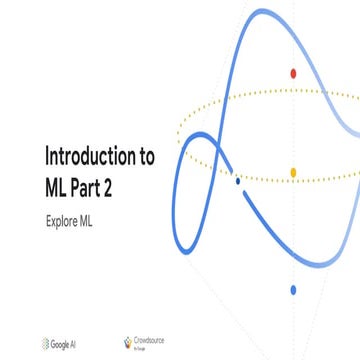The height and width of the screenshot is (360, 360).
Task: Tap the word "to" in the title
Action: pyautogui.click(x=144, y=156)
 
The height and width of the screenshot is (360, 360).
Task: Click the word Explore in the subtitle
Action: pyautogui.click(x=63, y=217)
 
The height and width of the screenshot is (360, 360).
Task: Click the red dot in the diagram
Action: pyautogui.click(x=292, y=73)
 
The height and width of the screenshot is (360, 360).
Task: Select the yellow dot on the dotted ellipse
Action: pyautogui.click(x=293, y=172)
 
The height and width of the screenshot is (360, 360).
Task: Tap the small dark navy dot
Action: pyautogui.click(x=237, y=181)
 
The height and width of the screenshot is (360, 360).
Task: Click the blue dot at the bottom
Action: pyautogui.click(x=293, y=290)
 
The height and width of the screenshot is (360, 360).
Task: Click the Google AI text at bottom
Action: pyautogui.click(x=71, y=343)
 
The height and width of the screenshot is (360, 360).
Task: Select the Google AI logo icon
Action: pyautogui.click(x=49, y=343)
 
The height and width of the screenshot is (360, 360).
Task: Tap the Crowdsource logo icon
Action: pyautogui.click(x=126, y=342)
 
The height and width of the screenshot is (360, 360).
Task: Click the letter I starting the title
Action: pyautogui.click(x=46, y=156)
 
